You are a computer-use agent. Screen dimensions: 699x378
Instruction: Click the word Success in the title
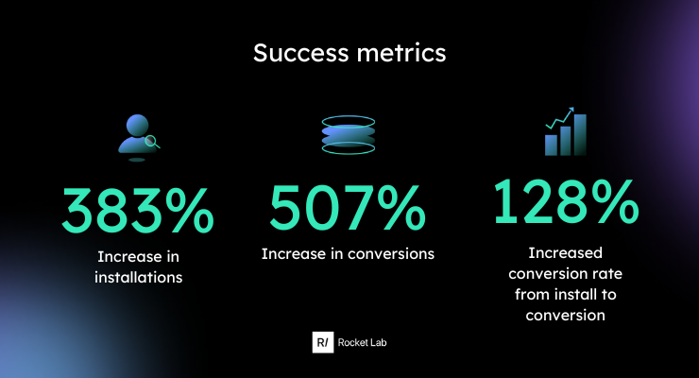[x=301, y=53]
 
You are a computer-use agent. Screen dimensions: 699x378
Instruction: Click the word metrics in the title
[x=401, y=53]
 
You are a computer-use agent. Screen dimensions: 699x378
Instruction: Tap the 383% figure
[x=138, y=211]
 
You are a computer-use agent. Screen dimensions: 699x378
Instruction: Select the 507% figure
[x=348, y=208]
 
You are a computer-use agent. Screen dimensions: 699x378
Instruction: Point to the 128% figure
[x=566, y=201]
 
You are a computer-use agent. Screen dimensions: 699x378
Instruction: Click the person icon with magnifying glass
[x=139, y=138]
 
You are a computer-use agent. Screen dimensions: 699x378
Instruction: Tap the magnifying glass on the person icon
[x=152, y=142]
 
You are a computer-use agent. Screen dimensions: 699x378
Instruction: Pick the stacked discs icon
[x=349, y=135]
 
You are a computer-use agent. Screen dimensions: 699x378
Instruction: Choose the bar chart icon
[x=565, y=131]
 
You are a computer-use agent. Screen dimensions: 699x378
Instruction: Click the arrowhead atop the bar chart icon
[x=571, y=110]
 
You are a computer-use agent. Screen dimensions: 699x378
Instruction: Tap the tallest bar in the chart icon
[x=580, y=135]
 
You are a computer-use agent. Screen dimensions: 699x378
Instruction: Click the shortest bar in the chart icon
[x=551, y=146]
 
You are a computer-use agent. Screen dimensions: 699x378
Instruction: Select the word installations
[x=138, y=277]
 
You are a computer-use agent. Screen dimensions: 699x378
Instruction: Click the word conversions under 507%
[x=391, y=253]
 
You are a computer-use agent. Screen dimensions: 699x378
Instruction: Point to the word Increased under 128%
[x=565, y=252]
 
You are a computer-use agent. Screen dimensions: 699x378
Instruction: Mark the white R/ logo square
[x=323, y=342]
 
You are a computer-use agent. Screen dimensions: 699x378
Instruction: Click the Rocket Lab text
[x=362, y=342]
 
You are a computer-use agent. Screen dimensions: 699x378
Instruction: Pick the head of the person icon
[x=137, y=126]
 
